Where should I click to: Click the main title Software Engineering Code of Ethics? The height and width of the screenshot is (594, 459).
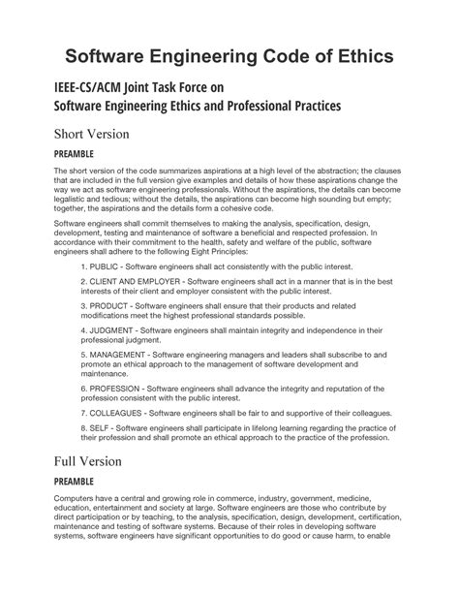(x=229, y=55)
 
